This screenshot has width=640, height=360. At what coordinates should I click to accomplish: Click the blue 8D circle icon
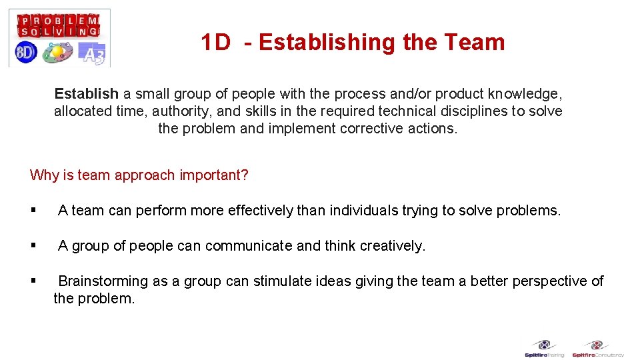click(x=26, y=52)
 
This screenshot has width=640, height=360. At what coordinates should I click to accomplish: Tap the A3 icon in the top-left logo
click(x=91, y=53)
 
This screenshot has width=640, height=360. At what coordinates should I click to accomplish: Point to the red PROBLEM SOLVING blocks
click(x=59, y=25)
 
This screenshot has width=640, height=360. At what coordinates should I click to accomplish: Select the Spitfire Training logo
click(x=544, y=349)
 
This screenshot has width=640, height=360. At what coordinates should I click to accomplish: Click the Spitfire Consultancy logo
click(x=597, y=349)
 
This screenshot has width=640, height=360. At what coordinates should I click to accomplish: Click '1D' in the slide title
click(x=216, y=43)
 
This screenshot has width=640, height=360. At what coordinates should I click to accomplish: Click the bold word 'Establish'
click(x=87, y=94)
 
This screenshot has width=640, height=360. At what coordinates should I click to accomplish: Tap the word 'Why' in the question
click(x=44, y=175)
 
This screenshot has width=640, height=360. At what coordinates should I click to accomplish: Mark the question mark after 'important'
click(x=245, y=175)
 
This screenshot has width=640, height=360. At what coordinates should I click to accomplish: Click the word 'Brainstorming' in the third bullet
click(x=103, y=281)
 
